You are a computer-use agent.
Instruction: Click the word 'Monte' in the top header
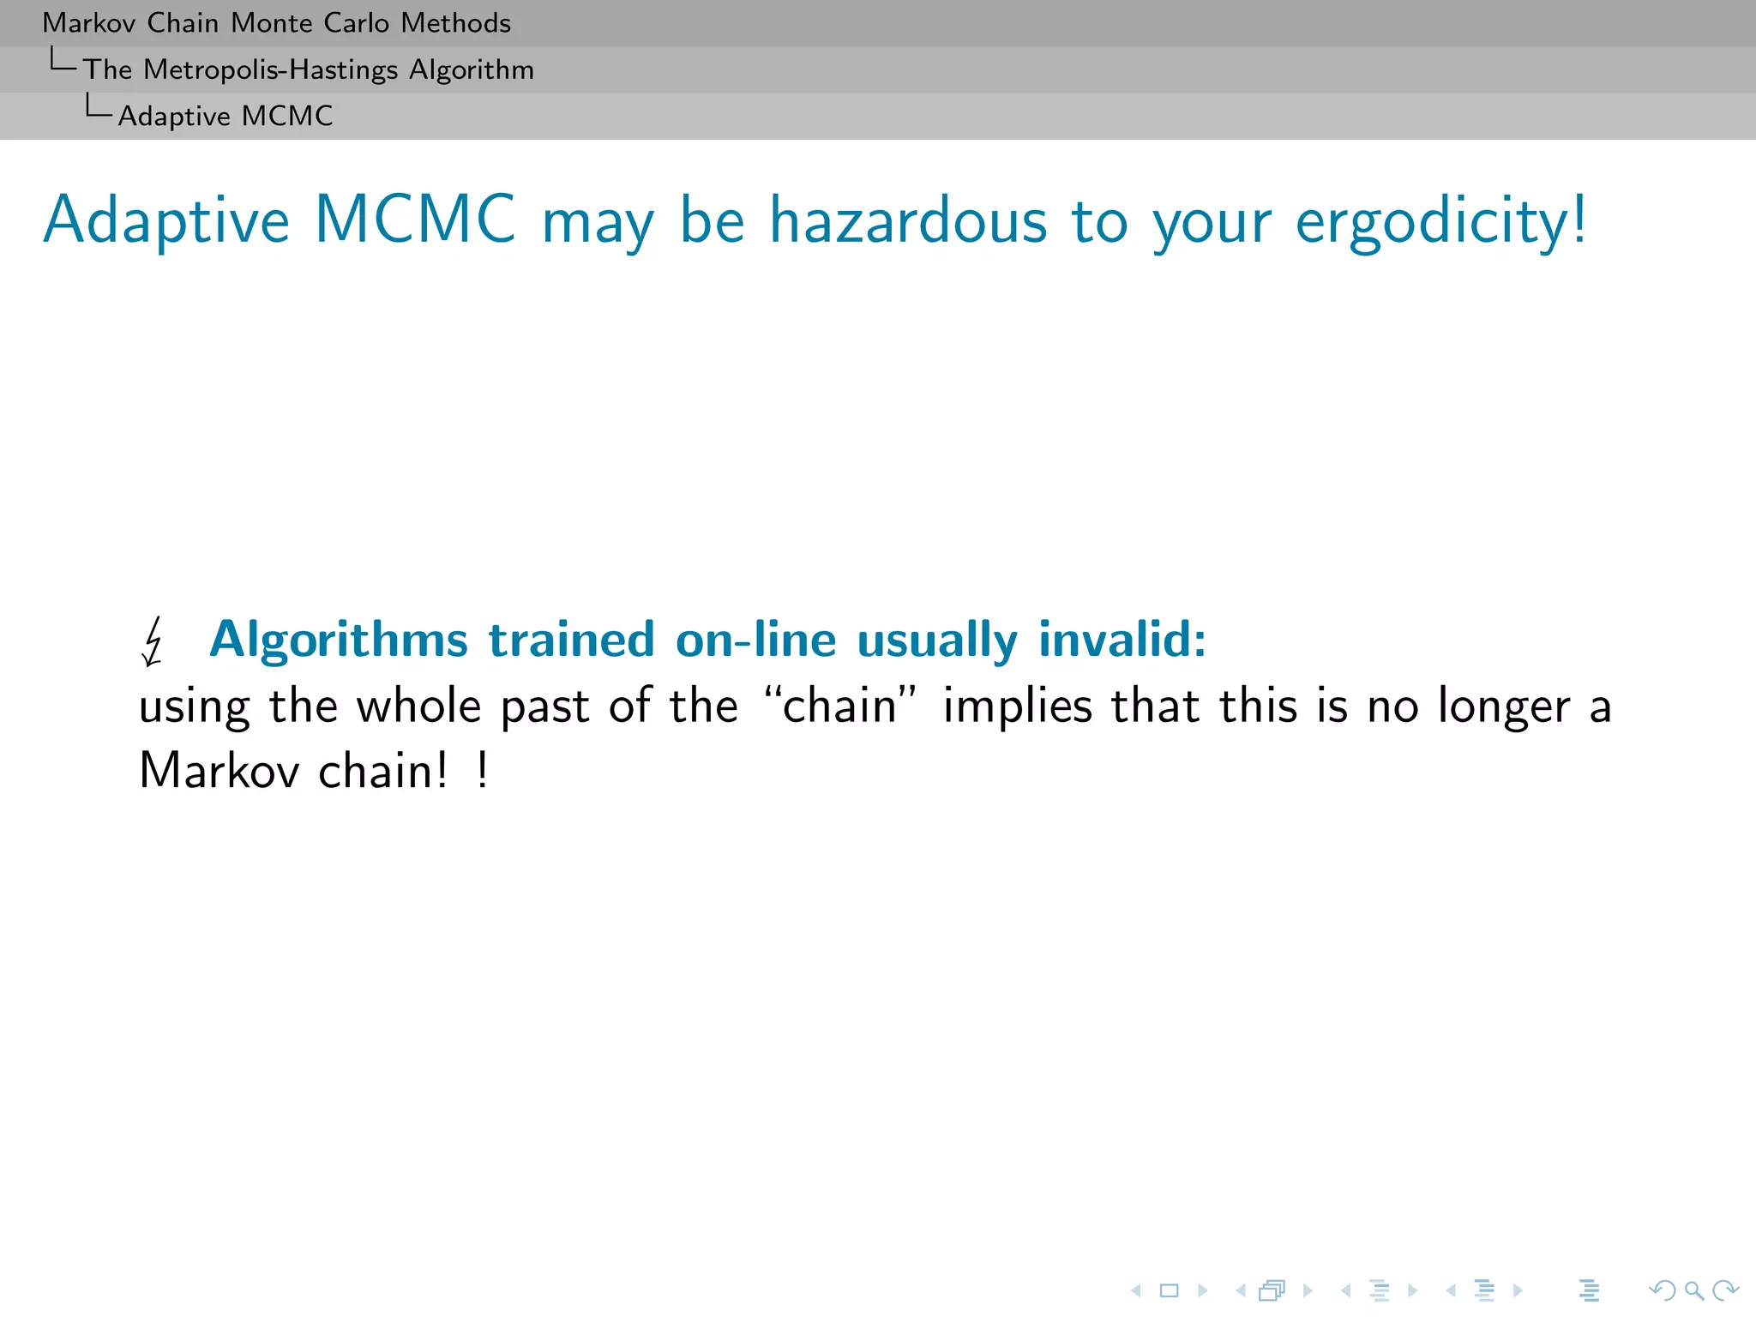coord(272,23)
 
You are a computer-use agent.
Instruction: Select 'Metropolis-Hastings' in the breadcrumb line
coord(271,69)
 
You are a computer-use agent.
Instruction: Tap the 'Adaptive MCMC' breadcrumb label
coord(226,116)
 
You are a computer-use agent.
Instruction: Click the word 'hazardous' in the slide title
coord(908,221)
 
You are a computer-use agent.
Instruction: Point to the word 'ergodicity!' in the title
coord(1440,221)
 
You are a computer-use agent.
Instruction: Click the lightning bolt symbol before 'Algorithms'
coord(153,641)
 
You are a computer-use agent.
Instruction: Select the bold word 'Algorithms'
coord(339,640)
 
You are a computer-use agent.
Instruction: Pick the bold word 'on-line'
coord(755,640)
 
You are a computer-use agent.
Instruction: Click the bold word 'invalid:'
coord(1122,640)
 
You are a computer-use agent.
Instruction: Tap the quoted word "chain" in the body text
coord(839,707)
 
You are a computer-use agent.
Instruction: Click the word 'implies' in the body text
coord(1018,707)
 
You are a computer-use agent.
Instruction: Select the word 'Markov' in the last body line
coord(219,770)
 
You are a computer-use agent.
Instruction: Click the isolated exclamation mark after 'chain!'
coord(483,770)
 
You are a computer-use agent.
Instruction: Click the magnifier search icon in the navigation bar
coord(1693,1290)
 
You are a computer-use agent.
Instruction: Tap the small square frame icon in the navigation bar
coord(1169,1290)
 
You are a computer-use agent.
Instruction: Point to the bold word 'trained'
coord(572,640)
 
